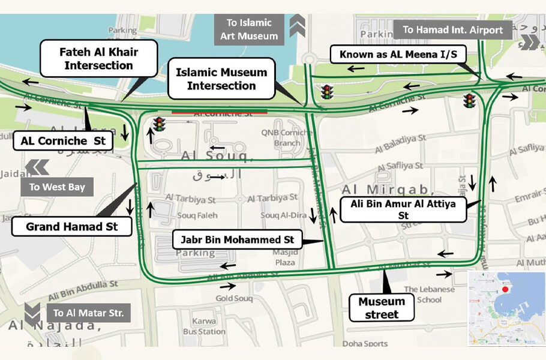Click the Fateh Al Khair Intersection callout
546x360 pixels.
99,59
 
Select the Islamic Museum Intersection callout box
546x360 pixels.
221,79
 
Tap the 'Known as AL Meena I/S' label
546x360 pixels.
398,55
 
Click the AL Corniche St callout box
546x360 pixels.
63,142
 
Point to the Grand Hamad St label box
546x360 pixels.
71,227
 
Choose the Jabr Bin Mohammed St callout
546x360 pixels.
236,240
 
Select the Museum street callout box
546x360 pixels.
382,308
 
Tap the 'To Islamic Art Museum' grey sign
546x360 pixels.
248,29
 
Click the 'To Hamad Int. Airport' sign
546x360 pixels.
452,29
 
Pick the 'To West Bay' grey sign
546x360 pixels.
58,187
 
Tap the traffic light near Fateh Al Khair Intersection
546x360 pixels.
159,124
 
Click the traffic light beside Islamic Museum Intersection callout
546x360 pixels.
327,92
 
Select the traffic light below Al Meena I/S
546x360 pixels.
469,101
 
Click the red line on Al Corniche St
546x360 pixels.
220,111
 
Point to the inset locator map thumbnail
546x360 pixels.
506,308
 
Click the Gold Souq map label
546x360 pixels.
234,298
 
